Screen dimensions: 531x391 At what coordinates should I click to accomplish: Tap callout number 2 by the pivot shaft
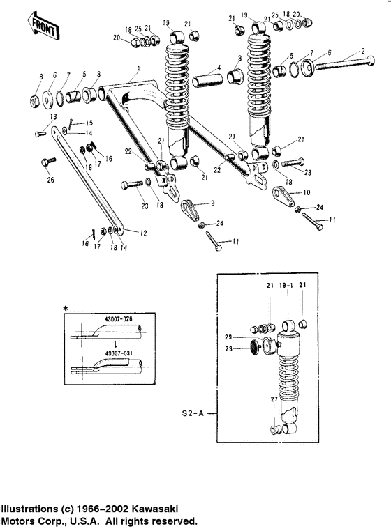362,51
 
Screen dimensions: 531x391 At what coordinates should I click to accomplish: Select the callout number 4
219,68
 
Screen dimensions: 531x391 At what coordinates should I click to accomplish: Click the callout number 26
49,181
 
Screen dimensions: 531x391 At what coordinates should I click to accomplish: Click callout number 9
212,203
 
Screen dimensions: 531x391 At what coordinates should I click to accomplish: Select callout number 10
307,192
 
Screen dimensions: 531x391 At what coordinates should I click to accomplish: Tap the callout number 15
89,123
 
